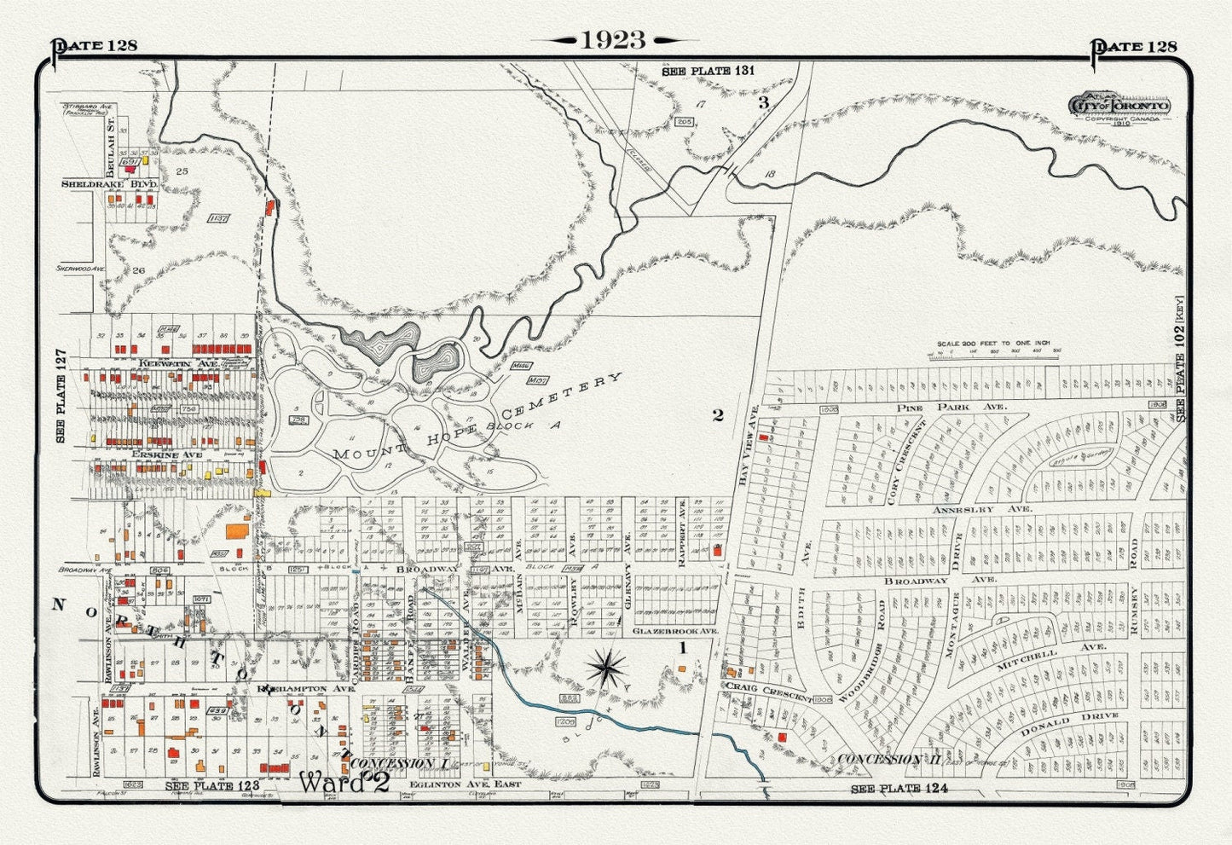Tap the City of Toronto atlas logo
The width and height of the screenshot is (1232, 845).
[x=1119, y=105]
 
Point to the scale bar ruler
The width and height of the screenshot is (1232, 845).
[x=998, y=351]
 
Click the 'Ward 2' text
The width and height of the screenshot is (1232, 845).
[x=344, y=782]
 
